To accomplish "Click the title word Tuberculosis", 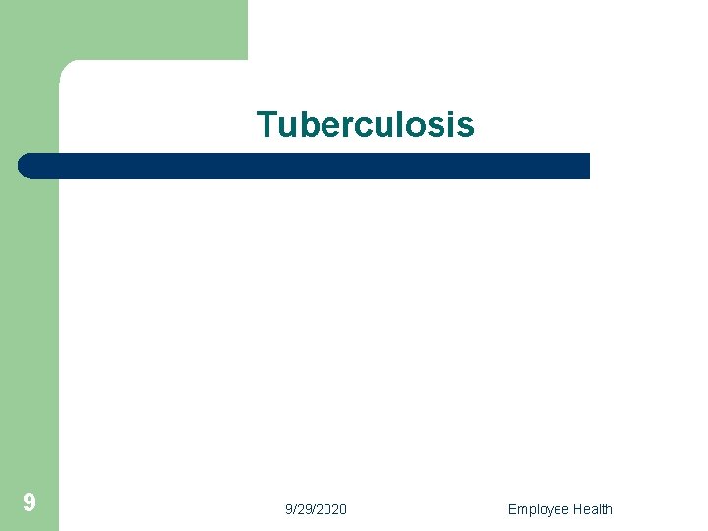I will (x=365, y=125).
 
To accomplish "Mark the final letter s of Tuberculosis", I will (x=466, y=127).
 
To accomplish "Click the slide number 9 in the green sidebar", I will (x=29, y=503).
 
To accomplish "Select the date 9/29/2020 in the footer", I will (x=316, y=509).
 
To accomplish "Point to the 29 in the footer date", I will (x=304, y=509).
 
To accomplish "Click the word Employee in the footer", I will (x=538, y=509).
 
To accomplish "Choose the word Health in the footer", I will (x=592, y=509).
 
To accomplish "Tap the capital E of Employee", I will (x=512, y=509).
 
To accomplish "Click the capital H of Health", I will (x=577, y=509).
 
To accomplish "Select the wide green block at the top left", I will (x=123, y=29).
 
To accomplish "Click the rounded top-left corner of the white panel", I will (x=67, y=68).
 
